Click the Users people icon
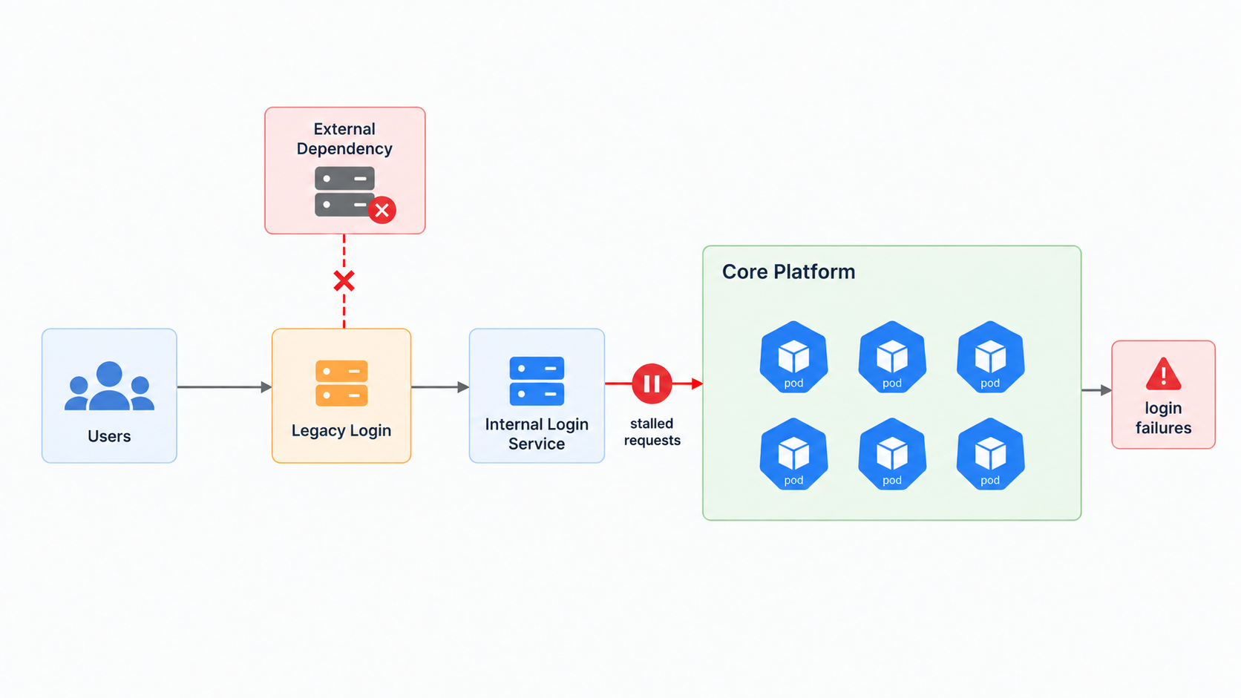coord(109,386)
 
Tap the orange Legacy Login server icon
coord(341,383)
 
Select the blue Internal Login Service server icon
coord(537,381)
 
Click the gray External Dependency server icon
coord(344,191)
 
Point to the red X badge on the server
coord(382,210)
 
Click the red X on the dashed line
coord(344,281)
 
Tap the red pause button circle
coord(652,383)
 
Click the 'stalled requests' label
coord(652,432)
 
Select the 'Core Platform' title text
coord(788,271)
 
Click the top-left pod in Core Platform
coord(793,357)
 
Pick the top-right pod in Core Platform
coord(990,357)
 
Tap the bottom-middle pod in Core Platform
coord(892,454)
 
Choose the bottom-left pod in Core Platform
coord(793,454)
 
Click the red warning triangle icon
coord(1164,375)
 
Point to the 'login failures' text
coord(1164,418)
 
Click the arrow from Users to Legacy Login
coord(224,387)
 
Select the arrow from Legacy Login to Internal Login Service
coord(440,387)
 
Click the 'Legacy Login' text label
coord(341,431)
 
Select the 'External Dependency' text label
coord(344,139)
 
